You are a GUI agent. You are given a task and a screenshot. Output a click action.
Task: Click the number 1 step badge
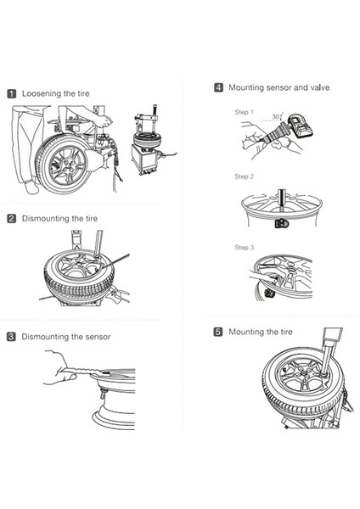click(x=11, y=94)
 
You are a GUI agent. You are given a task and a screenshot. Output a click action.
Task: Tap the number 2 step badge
click(x=11, y=219)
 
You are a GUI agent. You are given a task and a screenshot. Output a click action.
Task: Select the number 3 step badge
click(x=11, y=337)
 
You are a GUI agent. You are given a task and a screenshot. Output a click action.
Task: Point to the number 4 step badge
click(x=219, y=87)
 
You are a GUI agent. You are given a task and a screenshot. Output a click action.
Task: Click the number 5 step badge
click(x=218, y=332)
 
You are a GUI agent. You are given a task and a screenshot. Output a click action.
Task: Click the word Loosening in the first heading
click(x=42, y=94)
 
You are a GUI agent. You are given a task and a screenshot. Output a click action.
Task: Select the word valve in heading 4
click(x=320, y=87)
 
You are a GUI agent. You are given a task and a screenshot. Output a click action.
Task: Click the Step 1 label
click(x=244, y=112)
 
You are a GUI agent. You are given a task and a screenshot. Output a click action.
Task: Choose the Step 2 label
click(x=244, y=176)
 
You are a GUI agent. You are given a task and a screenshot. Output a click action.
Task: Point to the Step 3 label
click(x=244, y=248)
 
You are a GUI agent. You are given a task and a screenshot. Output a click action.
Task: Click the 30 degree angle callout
click(x=276, y=117)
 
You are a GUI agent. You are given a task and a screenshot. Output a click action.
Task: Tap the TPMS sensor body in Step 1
click(x=300, y=126)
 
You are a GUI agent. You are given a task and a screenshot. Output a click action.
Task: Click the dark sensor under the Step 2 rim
click(x=280, y=223)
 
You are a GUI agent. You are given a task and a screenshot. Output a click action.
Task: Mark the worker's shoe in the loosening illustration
click(x=31, y=187)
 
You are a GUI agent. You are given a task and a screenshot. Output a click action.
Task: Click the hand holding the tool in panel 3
click(x=59, y=368)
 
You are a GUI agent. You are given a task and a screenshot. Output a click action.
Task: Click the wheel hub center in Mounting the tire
click(x=304, y=374)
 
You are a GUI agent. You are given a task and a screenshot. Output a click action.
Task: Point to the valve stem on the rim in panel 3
click(x=102, y=394)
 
